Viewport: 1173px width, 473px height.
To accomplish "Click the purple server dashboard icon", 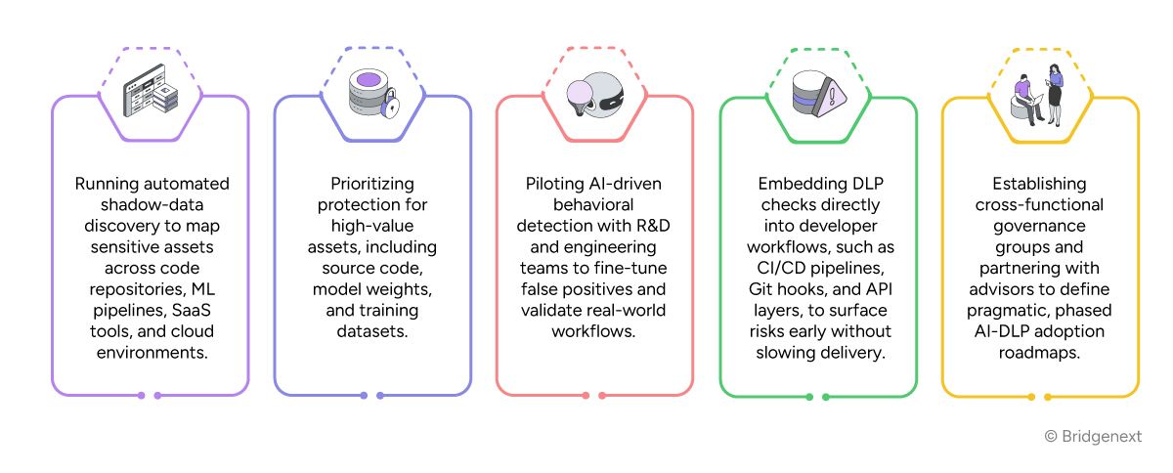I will click(x=151, y=96).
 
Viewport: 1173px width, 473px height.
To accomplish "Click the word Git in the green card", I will click(x=763, y=289).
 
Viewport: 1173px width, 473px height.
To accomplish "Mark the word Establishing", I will click(x=1039, y=184).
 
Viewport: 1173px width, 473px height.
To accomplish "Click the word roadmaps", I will click(x=1039, y=353).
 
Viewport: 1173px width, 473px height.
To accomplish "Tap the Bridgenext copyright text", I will click(x=1093, y=437).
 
